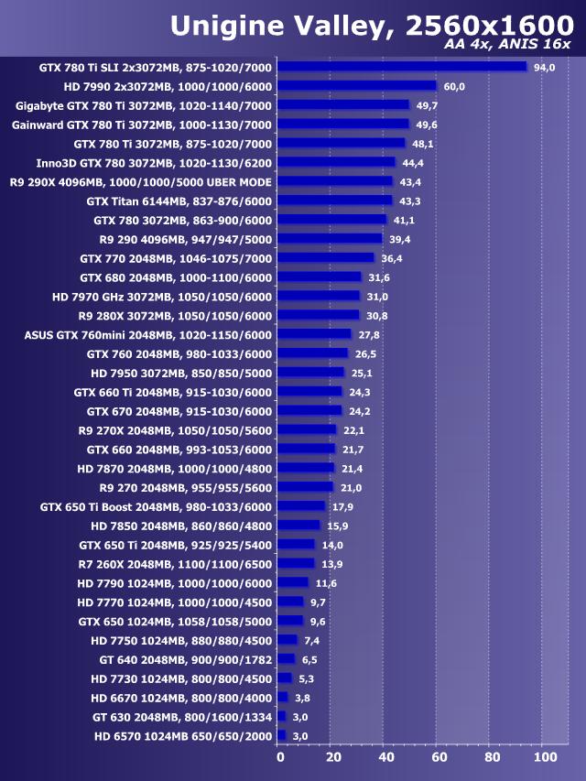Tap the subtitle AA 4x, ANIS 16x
506,45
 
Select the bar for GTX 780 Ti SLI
402,67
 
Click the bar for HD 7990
357,86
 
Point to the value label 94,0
545,67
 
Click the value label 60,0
454,86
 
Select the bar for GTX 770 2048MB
326,258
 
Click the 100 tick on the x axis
544,757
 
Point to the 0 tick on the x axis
280,757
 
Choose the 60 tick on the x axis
439,757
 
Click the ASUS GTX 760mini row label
147,334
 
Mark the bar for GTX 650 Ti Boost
301,506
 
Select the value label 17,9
343,506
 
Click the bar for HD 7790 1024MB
293,582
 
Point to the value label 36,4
393,258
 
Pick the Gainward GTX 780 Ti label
141,125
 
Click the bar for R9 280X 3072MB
318,315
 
